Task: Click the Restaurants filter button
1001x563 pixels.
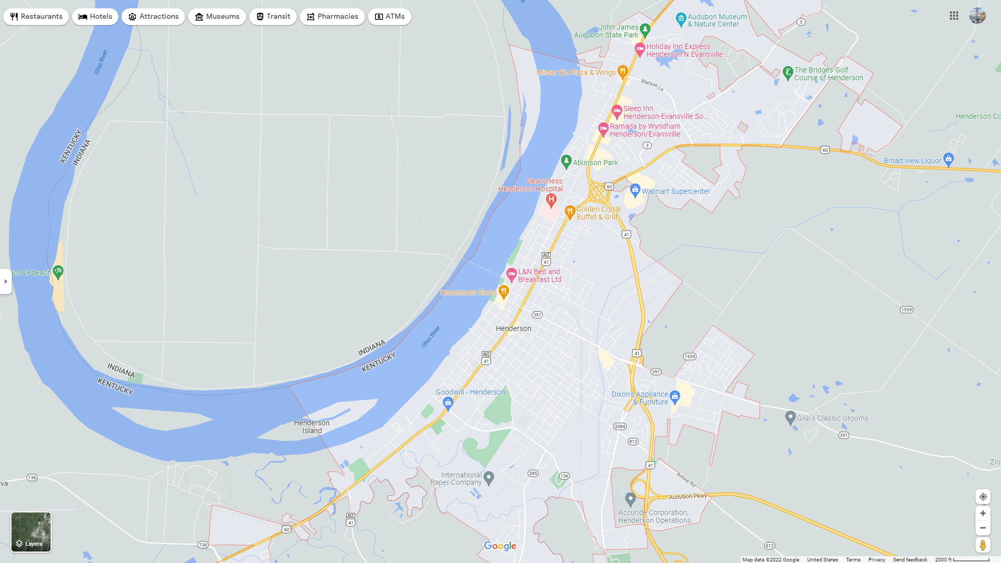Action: point(36,17)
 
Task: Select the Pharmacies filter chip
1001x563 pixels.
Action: point(332,17)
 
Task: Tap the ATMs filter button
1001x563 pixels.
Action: point(389,17)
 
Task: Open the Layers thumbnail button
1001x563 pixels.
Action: point(31,532)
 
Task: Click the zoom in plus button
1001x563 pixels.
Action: point(983,513)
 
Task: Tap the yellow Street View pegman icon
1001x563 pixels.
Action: point(983,545)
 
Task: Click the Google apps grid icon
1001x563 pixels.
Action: point(954,16)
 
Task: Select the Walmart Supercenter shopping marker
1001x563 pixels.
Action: point(634,190)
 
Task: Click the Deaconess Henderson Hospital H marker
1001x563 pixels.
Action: point(551,199)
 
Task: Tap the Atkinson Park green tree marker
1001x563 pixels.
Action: point(566,162)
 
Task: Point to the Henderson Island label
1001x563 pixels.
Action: point(312,427)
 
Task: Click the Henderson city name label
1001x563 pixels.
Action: point(514,328)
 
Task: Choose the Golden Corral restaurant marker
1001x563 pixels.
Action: point(569,212)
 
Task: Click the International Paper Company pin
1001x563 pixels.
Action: point(489,478)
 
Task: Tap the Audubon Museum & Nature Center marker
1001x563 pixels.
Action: point(680,19)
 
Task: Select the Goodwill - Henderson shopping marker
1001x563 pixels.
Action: point(448,402)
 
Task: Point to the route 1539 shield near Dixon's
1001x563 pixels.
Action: point(690,357)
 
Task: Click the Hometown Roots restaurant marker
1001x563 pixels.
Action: point(503,291)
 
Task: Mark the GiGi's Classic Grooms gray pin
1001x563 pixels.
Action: point(790,417)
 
